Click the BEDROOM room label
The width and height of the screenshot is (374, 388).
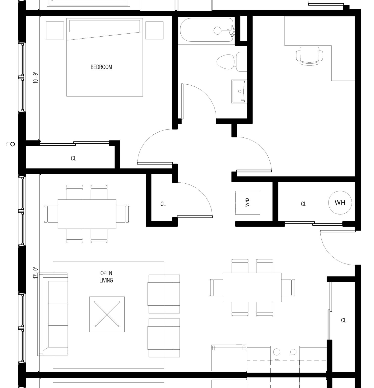(x=101, y=67)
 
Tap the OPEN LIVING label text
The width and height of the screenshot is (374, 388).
(x=106, y=277)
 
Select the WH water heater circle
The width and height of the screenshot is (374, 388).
(x=340, y=202)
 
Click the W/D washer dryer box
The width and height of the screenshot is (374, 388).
(x=248, y=203)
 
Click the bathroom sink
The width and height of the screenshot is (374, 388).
(x=239, y=91)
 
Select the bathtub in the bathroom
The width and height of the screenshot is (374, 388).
(x=207, y=30)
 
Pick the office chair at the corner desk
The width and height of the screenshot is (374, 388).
(x=309, y=56)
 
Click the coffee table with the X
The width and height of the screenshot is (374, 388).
(x=107, y=314)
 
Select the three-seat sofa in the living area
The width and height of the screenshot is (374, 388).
(x=53, y=314)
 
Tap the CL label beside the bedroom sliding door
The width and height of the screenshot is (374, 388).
(x=73, y=158)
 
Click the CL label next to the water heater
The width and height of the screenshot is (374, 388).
(x=303, y=204)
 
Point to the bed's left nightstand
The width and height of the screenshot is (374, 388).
(x=55, y=30)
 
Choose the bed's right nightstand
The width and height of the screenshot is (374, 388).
(x=154, y=30)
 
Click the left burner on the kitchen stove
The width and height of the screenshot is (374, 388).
(x=277, y=352)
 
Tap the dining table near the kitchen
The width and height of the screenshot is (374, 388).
(x=252, y=287)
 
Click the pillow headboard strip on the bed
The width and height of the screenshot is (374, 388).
(x=105, y=26)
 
